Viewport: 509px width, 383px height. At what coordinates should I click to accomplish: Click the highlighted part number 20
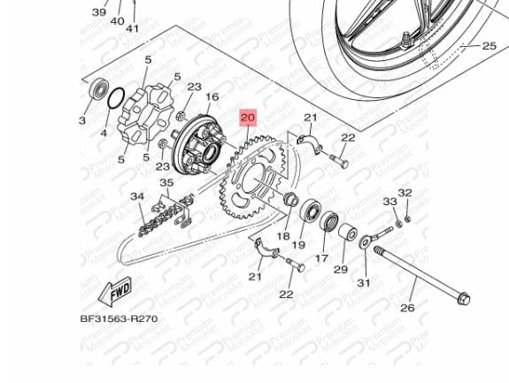pyautogui.click(x=247, y=117)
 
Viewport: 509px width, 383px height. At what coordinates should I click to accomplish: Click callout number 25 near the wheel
pyautogui.click(x=489, y=45)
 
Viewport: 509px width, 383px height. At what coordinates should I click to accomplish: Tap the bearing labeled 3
pyautogui.click(x=96, y=91)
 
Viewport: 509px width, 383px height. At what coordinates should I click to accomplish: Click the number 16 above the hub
pyautogui.click(x=212, y=97)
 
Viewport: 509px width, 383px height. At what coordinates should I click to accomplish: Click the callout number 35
pyautogui.click(x=166, y=184)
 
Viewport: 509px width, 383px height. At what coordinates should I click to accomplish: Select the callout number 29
pyautogui.click(x=340, y=269)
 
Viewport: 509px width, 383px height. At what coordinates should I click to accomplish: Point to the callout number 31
pyautogui.click(x=363, y=283)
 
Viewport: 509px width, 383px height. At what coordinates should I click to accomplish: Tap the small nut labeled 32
pyautogui.click(x=407, y=218)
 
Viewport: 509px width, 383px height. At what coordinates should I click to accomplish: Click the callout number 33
pyautogui.click(x=389, y=203)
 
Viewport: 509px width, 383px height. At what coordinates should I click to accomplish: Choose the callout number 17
pyautogui.click(x=320, y=259)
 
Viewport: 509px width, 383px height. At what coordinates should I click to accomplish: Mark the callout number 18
pyautogui.click(x=283, y=236)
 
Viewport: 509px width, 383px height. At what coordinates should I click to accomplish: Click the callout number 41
pyautogui.click(x=133, y=28)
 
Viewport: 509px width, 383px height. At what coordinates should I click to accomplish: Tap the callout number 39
pyautogui.click(x=99, y=13)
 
